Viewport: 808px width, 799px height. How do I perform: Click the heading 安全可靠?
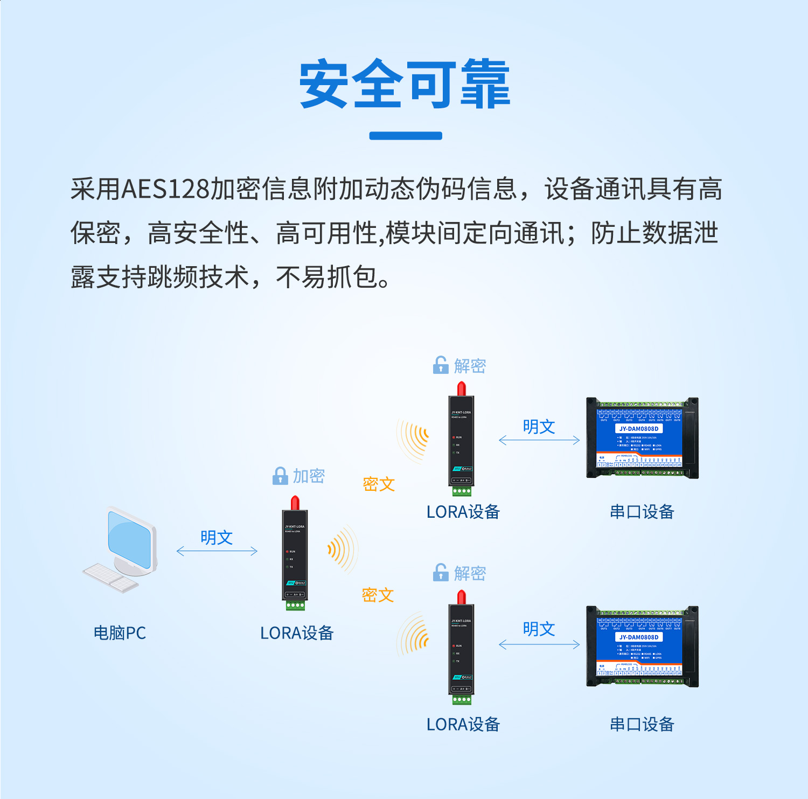(405, 84)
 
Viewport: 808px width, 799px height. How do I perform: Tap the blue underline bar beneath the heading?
(405, 136)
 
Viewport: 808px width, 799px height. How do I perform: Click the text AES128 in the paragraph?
(165, 189)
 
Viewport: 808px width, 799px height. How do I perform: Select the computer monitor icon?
(131, 540)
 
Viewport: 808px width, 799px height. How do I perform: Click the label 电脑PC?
(120, 633)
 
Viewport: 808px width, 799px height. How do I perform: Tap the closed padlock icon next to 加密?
(280, 476)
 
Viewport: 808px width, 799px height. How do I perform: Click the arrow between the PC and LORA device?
(217, 551)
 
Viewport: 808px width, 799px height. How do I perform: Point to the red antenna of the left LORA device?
(295, 503)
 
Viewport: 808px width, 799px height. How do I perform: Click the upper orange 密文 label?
(379, 484)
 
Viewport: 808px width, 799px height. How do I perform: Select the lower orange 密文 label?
(378, 595)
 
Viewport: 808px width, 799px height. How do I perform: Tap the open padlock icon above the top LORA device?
(441, 365)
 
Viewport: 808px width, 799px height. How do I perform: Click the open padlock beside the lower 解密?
(441, 573)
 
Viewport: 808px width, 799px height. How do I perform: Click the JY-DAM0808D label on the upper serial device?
(638, 429)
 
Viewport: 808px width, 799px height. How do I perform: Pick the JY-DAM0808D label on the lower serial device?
(638, 637)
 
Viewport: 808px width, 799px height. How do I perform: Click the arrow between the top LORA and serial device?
(539, 440)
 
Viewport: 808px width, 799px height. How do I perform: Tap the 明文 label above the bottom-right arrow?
(539, 629)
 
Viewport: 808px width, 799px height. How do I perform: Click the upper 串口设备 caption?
(642, 511)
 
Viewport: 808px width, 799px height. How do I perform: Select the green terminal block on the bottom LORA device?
(462, 699)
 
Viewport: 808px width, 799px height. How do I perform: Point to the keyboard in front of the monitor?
(110, 578)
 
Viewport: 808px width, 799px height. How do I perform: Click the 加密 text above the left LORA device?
(309, 476)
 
